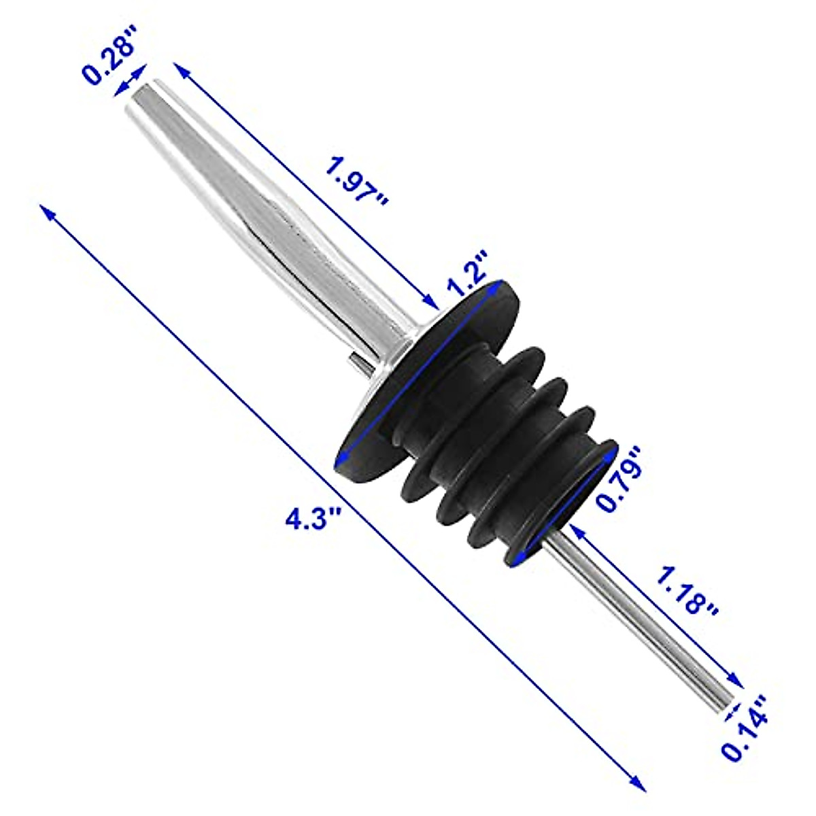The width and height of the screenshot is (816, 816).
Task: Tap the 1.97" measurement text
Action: (356, 182)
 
